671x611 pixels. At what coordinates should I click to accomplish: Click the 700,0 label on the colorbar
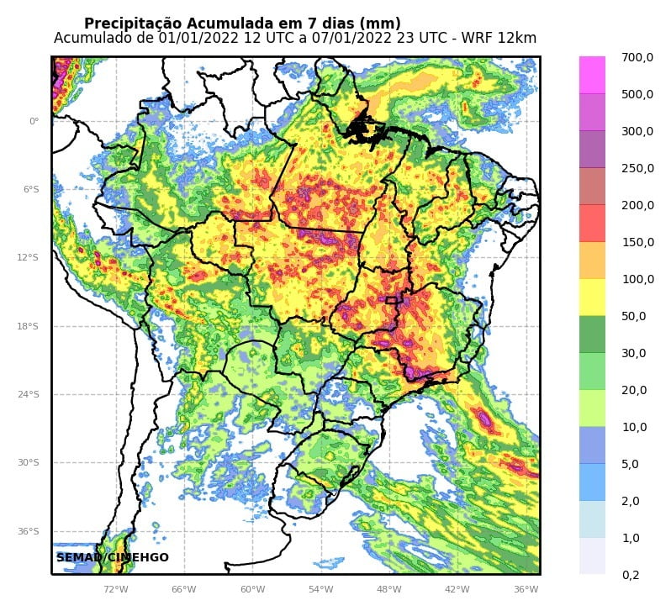637,57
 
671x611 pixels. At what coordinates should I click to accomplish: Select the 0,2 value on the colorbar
631,575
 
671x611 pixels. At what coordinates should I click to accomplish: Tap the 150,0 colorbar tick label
637,242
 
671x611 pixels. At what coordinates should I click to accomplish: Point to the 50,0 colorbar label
633,316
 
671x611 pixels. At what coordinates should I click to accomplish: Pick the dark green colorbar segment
592,334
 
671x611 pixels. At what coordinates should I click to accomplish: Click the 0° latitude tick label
34,121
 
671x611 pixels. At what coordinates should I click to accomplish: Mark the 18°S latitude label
29,326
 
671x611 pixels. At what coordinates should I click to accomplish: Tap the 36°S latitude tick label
29,531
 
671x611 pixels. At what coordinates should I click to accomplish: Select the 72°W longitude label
116,589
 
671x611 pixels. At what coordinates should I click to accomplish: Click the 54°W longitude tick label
320,589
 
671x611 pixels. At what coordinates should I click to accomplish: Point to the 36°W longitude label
526,589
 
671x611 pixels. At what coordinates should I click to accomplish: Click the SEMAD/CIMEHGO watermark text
113,557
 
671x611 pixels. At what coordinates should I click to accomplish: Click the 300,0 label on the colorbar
637,131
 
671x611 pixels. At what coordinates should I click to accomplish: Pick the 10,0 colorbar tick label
633,427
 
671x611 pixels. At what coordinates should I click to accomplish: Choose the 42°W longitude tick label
457,589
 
